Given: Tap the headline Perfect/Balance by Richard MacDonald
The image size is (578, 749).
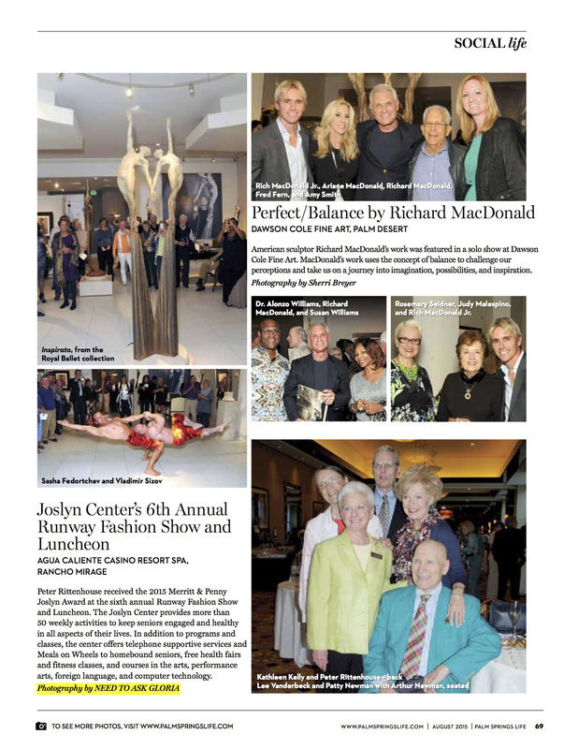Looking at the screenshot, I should coord(393,213).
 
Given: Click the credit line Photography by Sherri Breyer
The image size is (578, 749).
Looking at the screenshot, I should coord(303,283).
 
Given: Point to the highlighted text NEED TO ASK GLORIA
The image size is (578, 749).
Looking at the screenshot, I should coord(138,689).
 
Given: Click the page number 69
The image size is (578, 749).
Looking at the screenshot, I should coord(540,726).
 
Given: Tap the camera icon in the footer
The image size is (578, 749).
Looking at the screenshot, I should coord(41,726).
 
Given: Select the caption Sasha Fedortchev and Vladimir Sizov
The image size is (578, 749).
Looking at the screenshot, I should coord(95,480).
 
